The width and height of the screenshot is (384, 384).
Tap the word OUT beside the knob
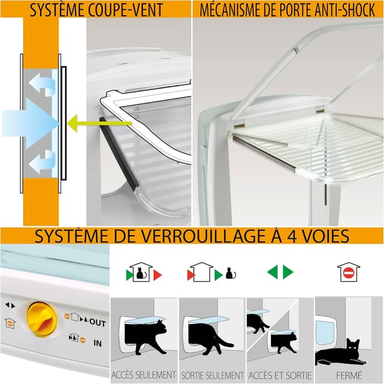click(97, 323)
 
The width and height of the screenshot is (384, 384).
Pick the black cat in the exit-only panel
click(210, 339)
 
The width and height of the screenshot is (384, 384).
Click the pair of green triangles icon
click(280, 272)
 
